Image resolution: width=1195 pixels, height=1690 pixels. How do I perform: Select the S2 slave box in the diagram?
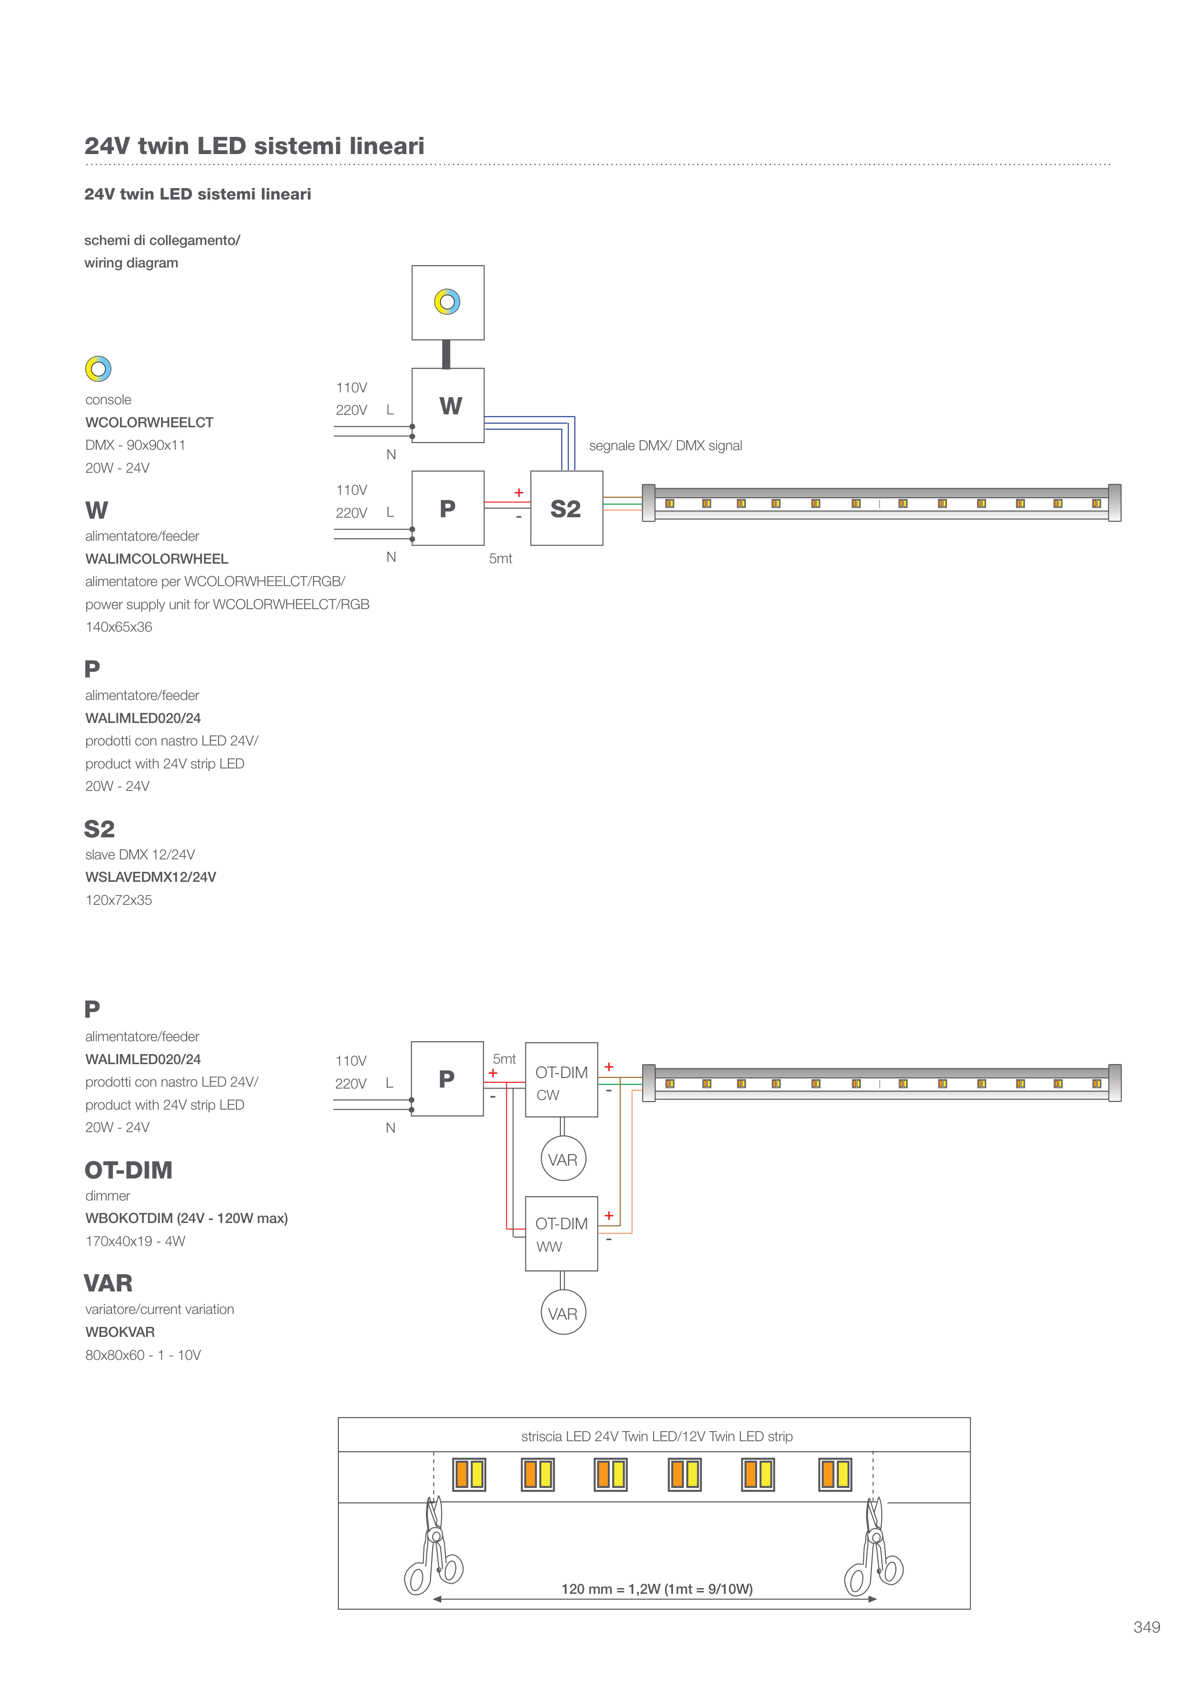[566, 508]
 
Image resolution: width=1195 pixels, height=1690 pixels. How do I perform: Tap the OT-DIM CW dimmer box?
[561, 1079]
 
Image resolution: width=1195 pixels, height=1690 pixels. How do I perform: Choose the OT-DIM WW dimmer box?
[561, 1234]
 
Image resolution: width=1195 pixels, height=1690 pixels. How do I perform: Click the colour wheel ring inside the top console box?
[447, 302]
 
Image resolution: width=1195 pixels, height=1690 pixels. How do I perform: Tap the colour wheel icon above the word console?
[98, 369]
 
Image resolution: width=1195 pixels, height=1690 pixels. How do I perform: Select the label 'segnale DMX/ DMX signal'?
[665, 445]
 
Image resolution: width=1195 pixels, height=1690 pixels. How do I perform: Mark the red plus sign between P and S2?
[518, 492]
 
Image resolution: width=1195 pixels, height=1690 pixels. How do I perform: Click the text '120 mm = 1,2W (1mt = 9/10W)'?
[657, 1589]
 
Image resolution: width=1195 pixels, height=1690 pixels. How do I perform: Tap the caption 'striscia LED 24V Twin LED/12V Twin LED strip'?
[657, 1436]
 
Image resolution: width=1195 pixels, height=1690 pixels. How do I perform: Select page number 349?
[1146, 1627]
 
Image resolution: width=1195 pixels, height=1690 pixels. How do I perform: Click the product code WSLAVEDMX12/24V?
[150, 877]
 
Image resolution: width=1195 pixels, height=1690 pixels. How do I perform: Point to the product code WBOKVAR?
[120, 1332]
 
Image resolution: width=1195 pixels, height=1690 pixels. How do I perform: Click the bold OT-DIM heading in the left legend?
[129, 1169]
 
